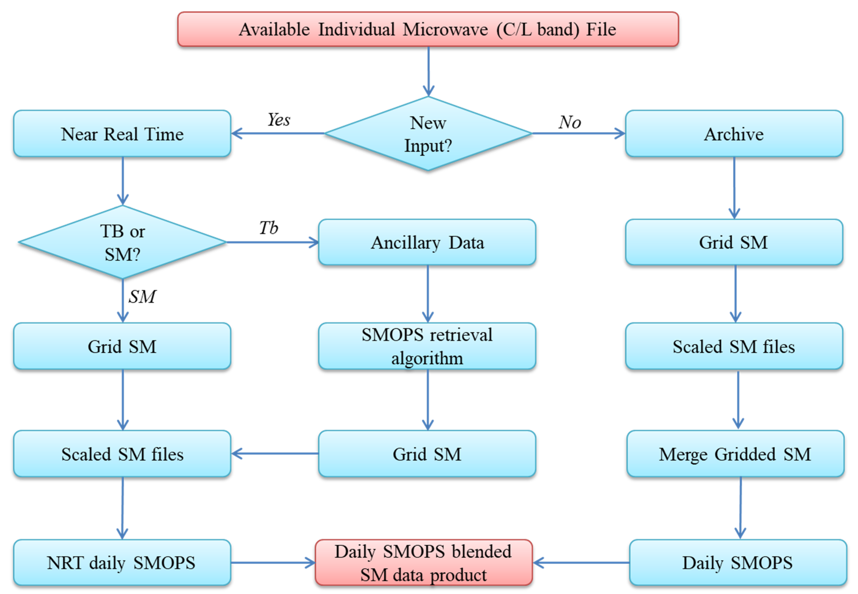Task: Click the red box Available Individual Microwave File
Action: [x=428, y=29]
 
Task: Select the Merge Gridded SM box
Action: [x=735, y=454]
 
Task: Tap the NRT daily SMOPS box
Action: [x=122, y=562]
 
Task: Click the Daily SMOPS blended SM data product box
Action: [x=423, y=562]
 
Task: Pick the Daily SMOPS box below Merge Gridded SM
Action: [x=738, y=562]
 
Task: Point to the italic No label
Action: [x=570, y=122]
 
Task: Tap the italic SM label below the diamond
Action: [x=142, y=297]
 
